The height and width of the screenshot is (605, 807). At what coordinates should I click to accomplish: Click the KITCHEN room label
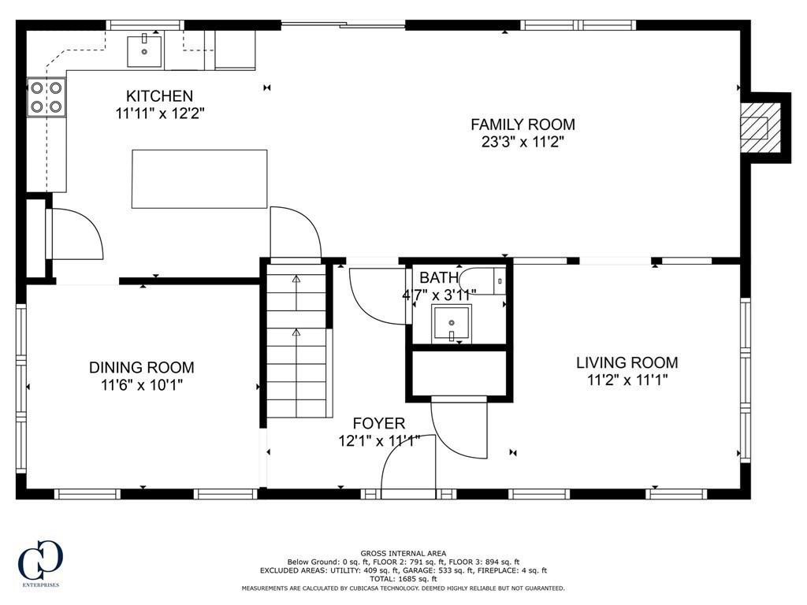[159, 95]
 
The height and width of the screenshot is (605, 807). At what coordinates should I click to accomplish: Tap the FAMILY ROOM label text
[523, 124]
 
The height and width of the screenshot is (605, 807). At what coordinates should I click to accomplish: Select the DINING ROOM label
[142, 367]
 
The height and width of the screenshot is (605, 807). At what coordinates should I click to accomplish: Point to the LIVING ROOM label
[627, 362]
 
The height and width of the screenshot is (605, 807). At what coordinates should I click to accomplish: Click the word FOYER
[379, 423]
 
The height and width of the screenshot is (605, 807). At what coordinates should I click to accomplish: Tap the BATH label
[439, 278]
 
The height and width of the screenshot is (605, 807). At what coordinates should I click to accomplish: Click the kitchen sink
[144, 50]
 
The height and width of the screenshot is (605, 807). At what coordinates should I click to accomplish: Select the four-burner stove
[46, 98]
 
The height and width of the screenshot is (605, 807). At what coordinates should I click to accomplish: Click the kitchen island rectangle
[199, 179]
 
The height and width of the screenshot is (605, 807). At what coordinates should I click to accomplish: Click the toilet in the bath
[483, 281]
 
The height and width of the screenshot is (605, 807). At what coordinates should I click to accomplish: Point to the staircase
[296, 341]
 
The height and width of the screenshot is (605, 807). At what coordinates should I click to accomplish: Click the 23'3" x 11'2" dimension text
[523, 142]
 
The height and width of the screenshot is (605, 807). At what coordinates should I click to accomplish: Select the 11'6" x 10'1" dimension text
[142, 384]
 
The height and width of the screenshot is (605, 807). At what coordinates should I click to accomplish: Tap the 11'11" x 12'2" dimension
[160, 113]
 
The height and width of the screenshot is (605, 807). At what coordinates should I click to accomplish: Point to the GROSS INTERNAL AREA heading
[403, 554]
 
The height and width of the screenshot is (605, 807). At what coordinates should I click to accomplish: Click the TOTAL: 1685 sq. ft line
[403, 579]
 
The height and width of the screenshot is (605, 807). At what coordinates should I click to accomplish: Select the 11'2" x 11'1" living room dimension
[627, 380]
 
